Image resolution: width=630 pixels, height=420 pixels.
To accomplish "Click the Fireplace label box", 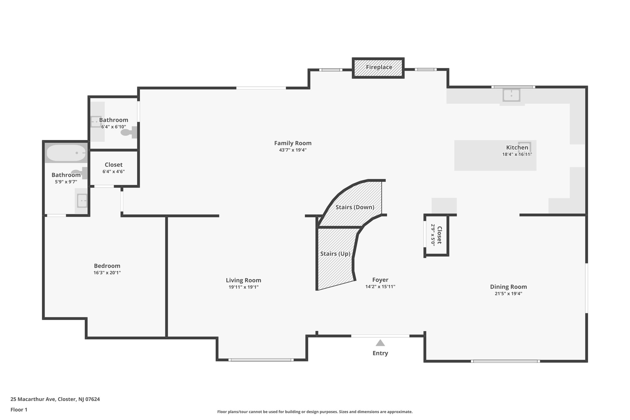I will [x=378, y=67].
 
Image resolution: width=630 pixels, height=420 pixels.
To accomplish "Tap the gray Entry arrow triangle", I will [x=380, y=343].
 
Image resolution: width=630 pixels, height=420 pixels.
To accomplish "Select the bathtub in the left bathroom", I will [x=66, y=153].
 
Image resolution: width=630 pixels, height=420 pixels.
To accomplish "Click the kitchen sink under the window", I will [x=511, y=95].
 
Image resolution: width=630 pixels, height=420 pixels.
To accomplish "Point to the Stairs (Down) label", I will [x=355, y=207].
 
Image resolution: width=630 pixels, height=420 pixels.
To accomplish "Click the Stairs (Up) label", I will [x=335, y=254].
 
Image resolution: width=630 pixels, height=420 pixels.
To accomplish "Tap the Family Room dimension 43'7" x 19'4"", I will [x=293, y=150].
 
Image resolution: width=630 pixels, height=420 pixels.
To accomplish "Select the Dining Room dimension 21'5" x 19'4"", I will [x=508, y=294].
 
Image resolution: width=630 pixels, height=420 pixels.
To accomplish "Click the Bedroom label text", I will [x=107, y=266].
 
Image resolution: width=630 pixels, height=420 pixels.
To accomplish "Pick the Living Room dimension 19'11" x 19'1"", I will [x=243, y=287].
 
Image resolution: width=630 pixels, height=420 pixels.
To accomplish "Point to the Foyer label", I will [x=380, y=280].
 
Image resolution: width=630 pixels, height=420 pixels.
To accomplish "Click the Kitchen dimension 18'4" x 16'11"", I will [x=517, y=154].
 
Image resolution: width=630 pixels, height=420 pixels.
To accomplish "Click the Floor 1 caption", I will [x=19, y=410].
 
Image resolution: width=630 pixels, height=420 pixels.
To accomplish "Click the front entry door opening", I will [x=380, y=336].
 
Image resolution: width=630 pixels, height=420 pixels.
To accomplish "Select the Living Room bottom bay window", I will [x=261, y=360].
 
